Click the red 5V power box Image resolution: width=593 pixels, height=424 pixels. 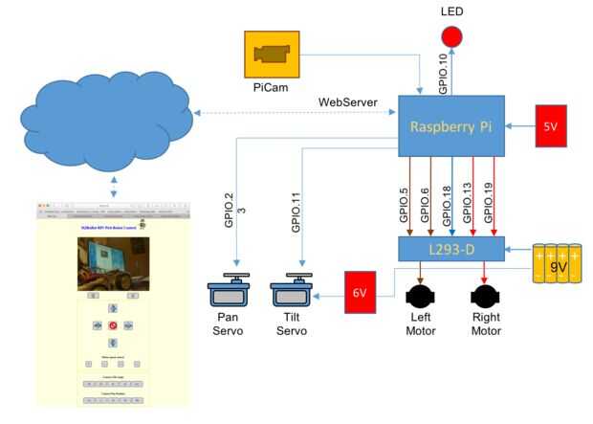pos(550,124)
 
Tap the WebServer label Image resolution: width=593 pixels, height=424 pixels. pos(349,101)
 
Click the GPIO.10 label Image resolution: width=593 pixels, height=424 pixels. pos(443,72)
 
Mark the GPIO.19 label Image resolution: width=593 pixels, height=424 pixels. pos(488,203)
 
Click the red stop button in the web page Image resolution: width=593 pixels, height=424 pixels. pos(112,325)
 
